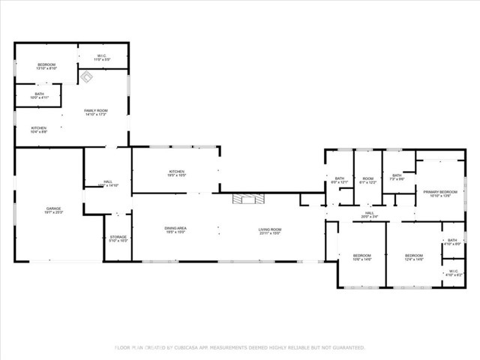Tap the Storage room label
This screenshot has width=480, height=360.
click(118, 238)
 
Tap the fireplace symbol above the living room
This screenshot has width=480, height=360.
click(247, 199)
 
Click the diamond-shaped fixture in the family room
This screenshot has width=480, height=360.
click(86, 76)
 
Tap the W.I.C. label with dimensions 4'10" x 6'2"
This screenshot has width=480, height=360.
click(453, 273)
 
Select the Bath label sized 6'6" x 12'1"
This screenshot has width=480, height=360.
click(339, 180)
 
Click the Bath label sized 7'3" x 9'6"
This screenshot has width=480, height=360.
click(396, 177)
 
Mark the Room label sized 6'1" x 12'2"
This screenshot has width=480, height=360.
click(367, 180)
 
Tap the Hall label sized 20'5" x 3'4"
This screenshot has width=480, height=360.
click(370, 214)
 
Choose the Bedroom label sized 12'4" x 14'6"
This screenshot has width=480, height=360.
click(414, 257)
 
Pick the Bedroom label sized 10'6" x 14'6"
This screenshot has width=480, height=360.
click(362, 257)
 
